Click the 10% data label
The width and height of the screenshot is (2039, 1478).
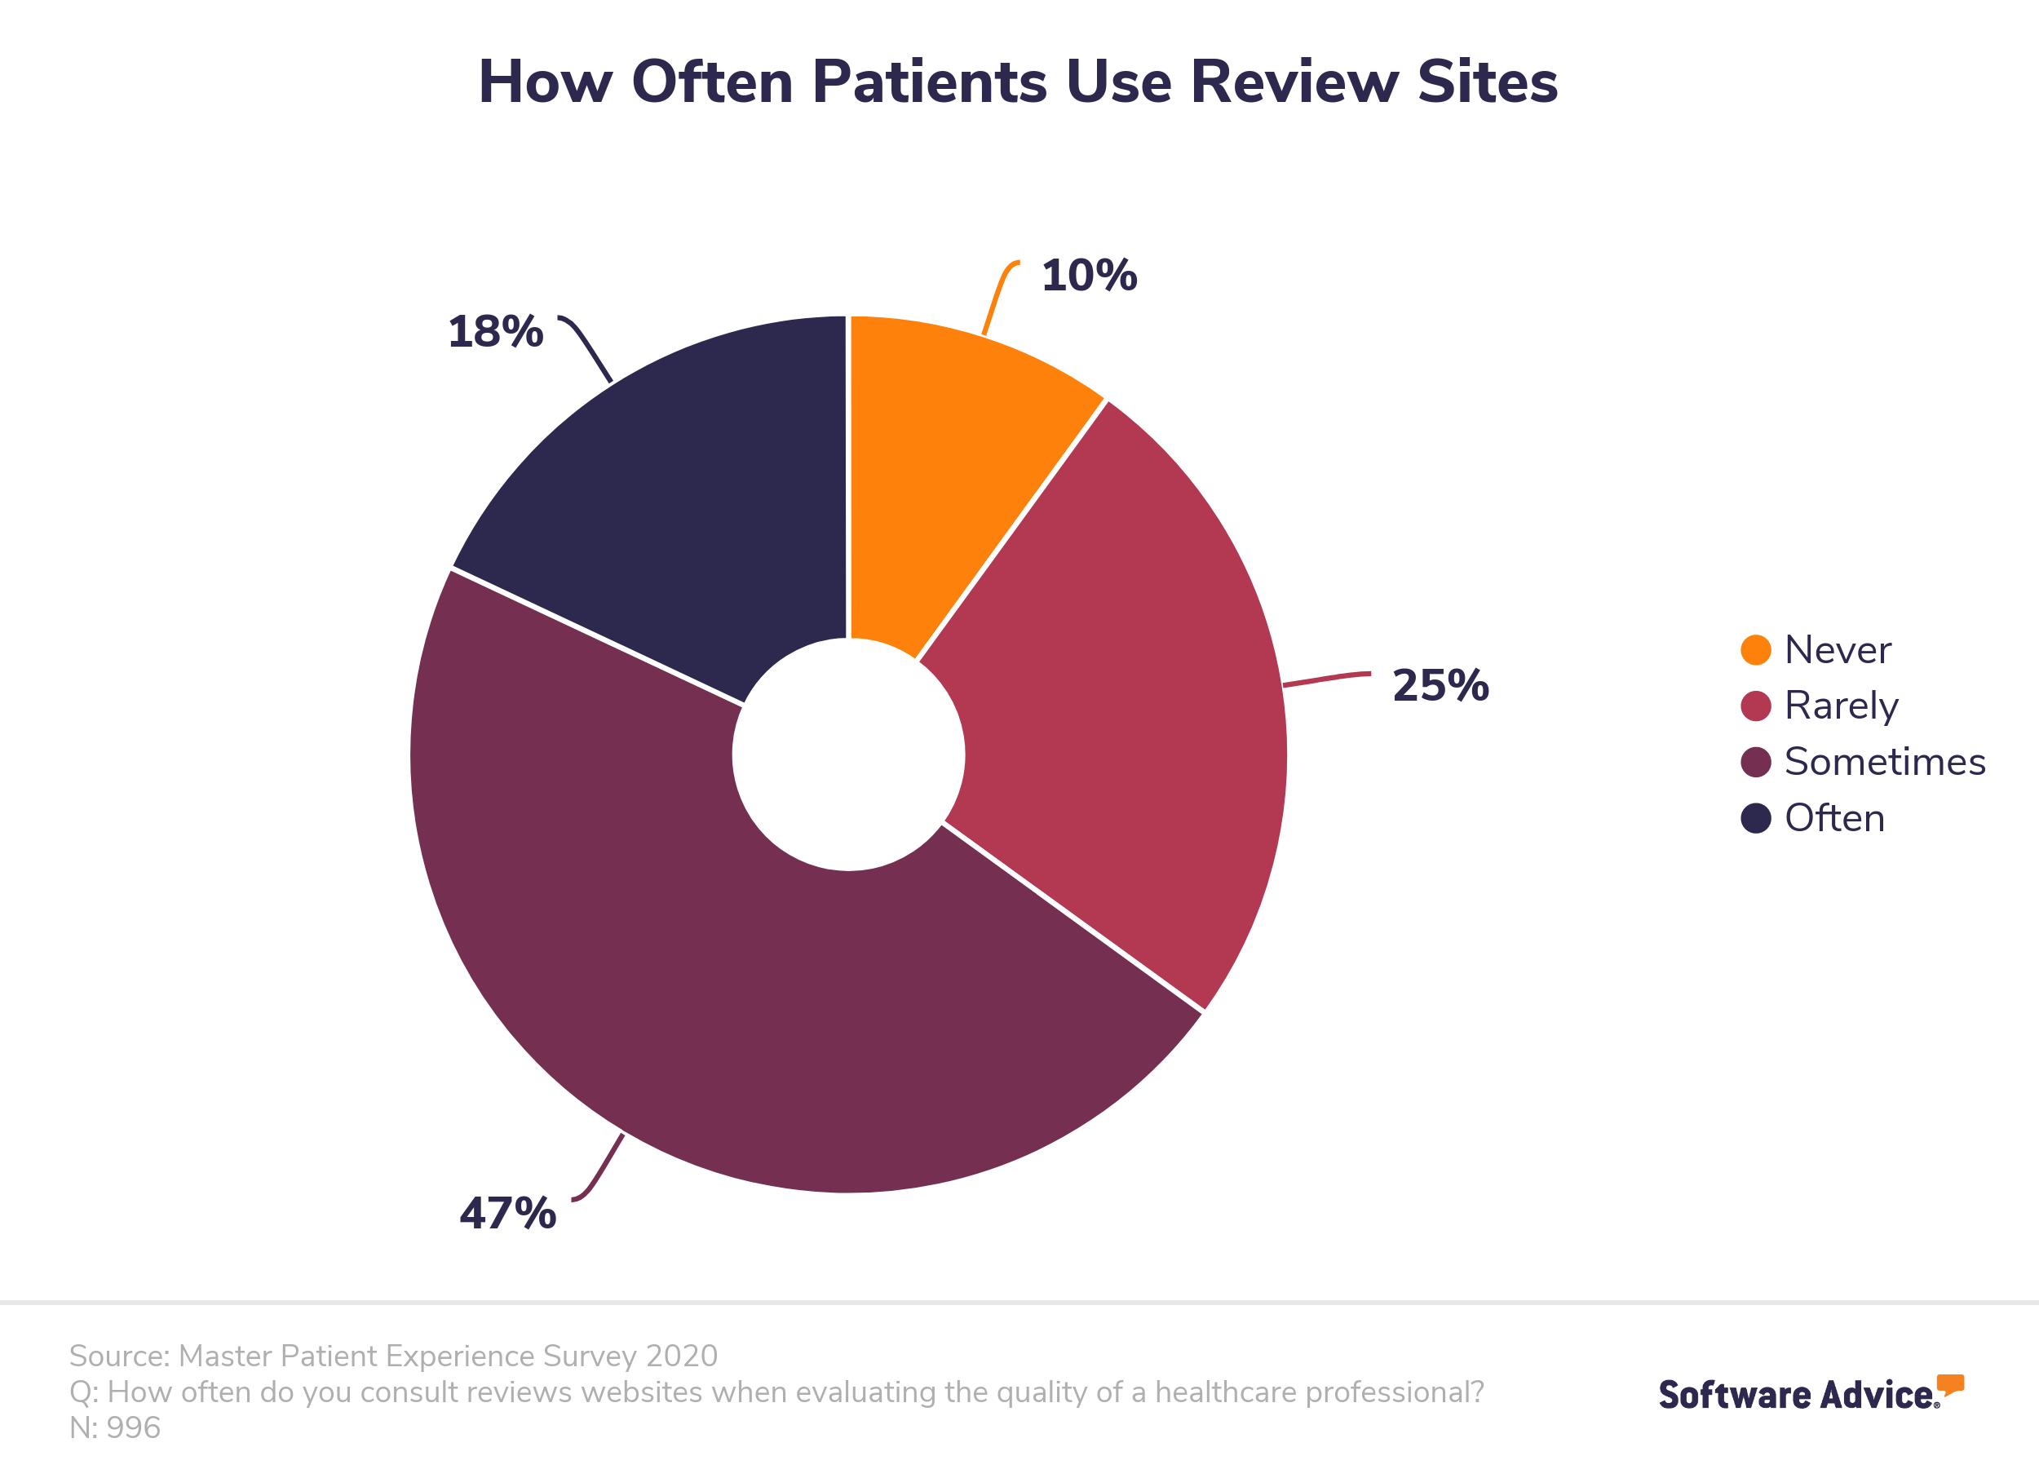click(1089, 275)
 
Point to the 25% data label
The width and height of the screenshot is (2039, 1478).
click(1440, 685)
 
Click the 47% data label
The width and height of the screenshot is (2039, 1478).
click(508, 1213)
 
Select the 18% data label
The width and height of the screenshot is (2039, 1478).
click(495, 331)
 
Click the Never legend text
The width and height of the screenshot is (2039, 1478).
click(1837, 650)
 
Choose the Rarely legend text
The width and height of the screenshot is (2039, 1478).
click(1840, 706)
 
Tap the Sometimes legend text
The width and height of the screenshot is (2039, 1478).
click(1884, 762)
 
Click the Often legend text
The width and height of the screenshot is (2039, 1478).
click(1834, 818)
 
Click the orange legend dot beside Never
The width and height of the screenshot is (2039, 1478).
click(1755, 650)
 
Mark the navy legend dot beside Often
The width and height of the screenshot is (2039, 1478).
click(1755, 818)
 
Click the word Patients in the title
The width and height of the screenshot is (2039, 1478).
click(929, 82)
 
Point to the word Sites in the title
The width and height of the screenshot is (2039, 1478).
click(1487, 82)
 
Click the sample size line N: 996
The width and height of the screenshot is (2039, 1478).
click(115, 1427)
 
